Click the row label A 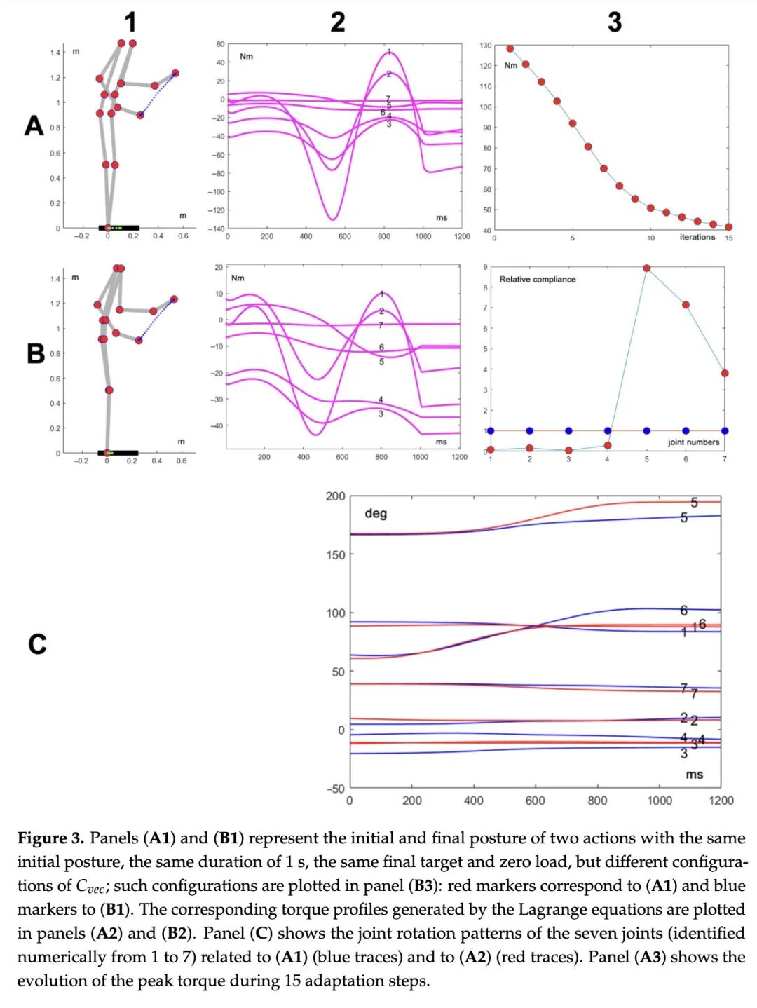(x=34, y=126)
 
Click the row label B (x=36, y=353)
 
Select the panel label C (x=37, y=643)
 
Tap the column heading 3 (x=614, y=22)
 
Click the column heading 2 (x=337, y=22)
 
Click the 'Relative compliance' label (x=537, y=279)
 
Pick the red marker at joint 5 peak (x=646, y=268)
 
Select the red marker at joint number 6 (x=686, y=305)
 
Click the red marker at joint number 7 (x=725, y=374)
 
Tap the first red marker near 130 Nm (x=510, y=48)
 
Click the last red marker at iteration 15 (x=729, y=227)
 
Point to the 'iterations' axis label (x=697, y=237)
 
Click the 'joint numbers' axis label (x=693, y=442)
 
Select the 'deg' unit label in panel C (x=376, y=513)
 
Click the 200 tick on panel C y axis (x=335, y=496)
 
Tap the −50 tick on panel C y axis (x=334, y=789)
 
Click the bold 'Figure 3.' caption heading (x=50, y=838)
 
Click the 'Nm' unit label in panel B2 (x=238, y=278)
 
